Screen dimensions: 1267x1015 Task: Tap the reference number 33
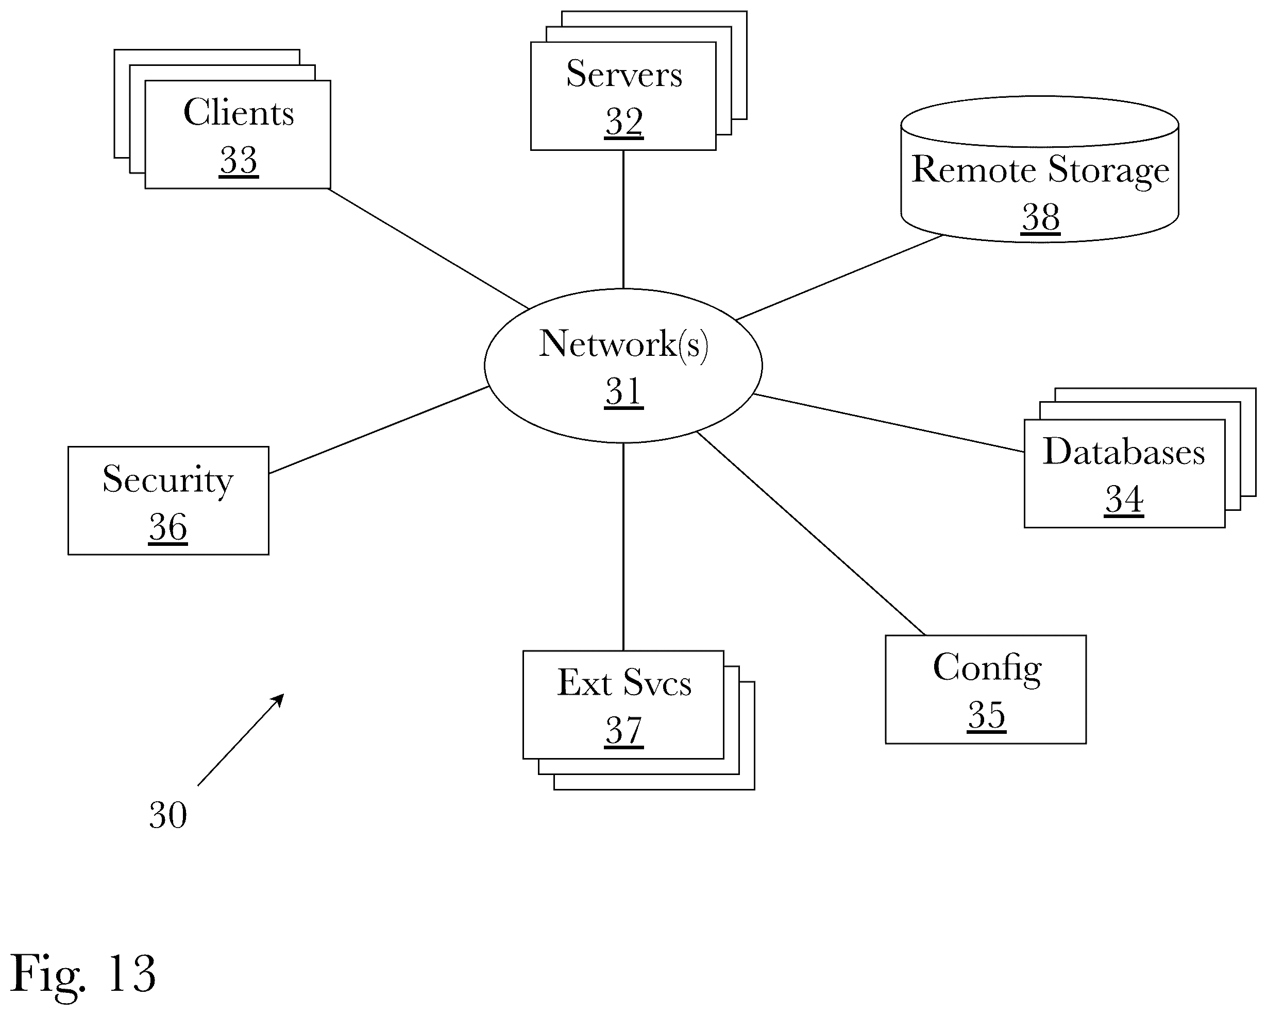click(239, 160)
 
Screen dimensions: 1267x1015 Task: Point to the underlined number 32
click(624, 122)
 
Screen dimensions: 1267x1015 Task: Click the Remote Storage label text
click(1040, 170)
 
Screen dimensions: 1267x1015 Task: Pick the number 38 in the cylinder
click(1040, 217)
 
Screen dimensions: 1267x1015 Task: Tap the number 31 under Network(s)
click(624, 391)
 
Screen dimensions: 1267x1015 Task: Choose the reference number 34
click(1124, 500)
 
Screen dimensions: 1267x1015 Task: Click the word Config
click(987, 668)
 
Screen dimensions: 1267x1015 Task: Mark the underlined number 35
click(987, 715)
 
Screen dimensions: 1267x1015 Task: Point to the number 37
click(624, 731)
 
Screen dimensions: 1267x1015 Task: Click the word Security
click(168, 480)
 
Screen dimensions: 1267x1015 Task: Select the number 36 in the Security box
click(168, 527)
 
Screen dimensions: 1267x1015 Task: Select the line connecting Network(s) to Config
click(811, 534)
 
